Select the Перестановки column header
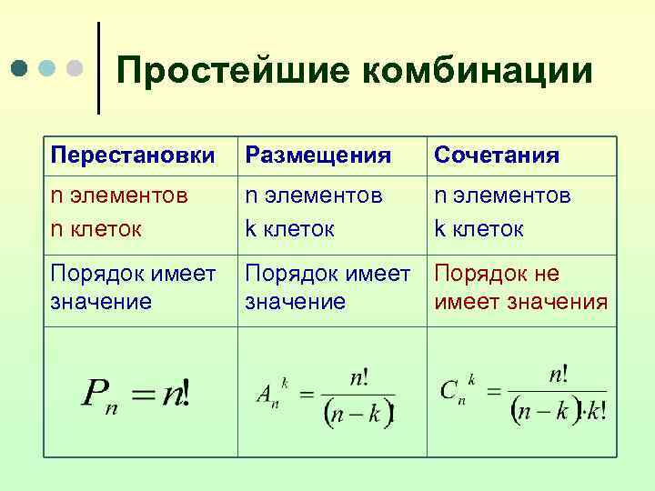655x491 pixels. click(x=133, y=155)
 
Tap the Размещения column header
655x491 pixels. click(x=318, y=155)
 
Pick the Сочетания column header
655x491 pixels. click(x=497, y=155)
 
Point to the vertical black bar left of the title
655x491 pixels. click(x=98, y=68)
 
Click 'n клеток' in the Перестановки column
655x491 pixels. click(x=96, y=228)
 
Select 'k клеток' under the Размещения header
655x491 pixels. click(x=288, y=228)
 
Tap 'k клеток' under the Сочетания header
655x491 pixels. click(x=479, y=228)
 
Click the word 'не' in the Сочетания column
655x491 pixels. click(x=545, y=274)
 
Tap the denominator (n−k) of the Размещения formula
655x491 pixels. click(x=358, y=414)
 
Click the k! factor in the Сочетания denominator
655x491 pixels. click(x=594, y=414)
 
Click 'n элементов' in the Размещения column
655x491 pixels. click(x=314, y=196)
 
